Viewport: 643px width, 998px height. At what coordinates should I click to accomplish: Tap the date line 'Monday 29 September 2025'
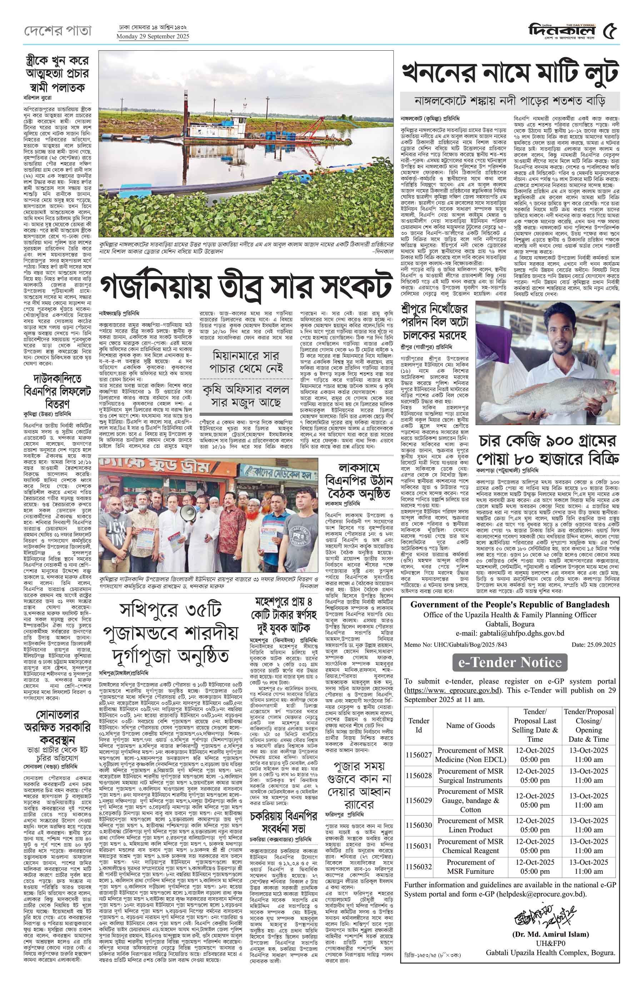point(153,37)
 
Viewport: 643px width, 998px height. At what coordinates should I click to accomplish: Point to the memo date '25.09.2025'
point(593,645)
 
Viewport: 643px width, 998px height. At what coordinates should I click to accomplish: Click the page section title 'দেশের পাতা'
point(57,30)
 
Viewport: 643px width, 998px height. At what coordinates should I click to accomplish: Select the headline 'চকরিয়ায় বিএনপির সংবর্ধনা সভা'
point(284,822)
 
